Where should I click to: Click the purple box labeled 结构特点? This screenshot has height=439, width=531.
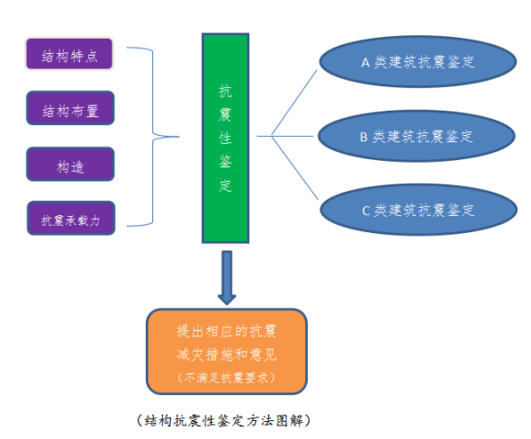coord(69,54)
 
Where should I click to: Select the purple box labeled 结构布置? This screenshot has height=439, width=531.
coord(70,108)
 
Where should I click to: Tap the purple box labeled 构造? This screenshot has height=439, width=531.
coord(70,164)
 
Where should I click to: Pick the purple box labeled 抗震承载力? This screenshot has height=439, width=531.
coord(71,218)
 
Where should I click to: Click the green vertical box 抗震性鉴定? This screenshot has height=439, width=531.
coord(226,139)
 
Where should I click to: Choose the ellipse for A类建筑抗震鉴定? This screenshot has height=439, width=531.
coord(418,61)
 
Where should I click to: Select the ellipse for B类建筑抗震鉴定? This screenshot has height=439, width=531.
coord(417,136)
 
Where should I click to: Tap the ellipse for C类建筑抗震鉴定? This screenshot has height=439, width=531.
coord(418,210)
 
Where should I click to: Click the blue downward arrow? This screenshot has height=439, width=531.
coord(227,278)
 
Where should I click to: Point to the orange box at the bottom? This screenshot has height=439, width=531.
coord(227,352)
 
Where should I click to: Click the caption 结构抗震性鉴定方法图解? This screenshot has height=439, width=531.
coord(224,421)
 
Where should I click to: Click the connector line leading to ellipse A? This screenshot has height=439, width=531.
coord(294,103)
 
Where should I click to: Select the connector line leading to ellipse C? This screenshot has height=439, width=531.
coord(294,168)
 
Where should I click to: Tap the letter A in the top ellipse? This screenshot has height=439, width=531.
coord(365,63)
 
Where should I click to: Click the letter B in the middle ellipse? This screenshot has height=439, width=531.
coord(364,137)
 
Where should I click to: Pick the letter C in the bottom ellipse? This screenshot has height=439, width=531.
coord(365,211)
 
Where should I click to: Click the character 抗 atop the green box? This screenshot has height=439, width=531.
coord(226,92)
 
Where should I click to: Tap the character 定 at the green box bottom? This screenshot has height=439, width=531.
coord(226,185)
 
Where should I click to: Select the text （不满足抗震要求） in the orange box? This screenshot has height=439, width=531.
coord(226,378)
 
